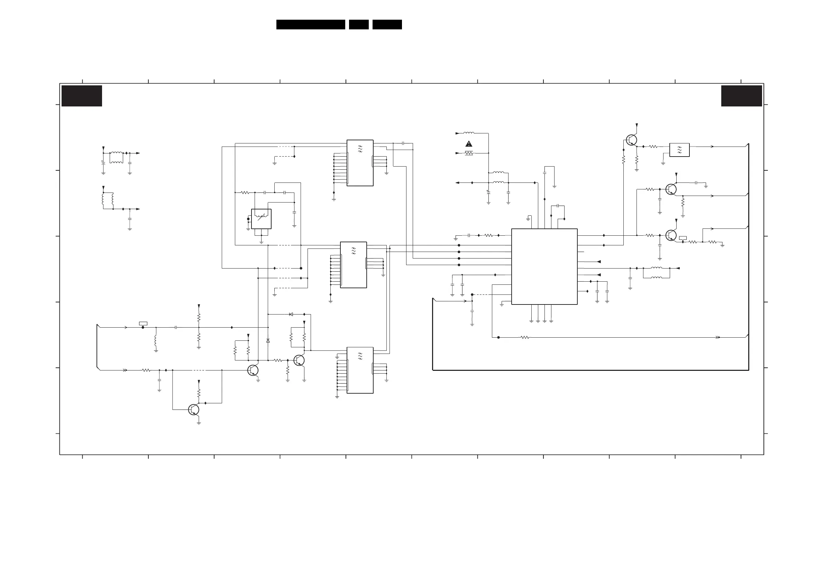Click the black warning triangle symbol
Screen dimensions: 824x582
tap(469, 144)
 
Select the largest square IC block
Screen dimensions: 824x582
tap(544, 266)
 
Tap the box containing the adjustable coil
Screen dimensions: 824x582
tap(261, 219)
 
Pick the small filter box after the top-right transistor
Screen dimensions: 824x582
tap(679, 150)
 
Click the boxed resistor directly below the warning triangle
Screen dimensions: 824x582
tap(469, 153)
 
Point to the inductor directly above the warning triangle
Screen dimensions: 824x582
tap(469, 133)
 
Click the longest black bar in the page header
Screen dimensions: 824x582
tap(310, 25)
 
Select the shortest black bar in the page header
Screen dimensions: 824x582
tap(358, 25)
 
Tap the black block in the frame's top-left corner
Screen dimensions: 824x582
tap(82, 96)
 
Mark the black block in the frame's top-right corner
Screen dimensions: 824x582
tap(741, 96)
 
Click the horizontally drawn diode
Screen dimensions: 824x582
tap(291, 315)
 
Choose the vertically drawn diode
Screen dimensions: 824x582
tap(268, 340)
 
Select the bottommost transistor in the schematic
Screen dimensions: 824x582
tap(193, 410)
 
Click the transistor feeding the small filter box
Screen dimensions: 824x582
tap(631, 140)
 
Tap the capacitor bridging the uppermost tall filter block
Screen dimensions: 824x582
tap(403, 143)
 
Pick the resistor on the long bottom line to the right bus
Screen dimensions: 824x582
tap(525, 337)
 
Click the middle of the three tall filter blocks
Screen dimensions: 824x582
tap(353, 265)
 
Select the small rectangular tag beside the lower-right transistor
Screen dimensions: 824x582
tap(683, 238)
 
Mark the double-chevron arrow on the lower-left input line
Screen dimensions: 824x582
tap(125, 370)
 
